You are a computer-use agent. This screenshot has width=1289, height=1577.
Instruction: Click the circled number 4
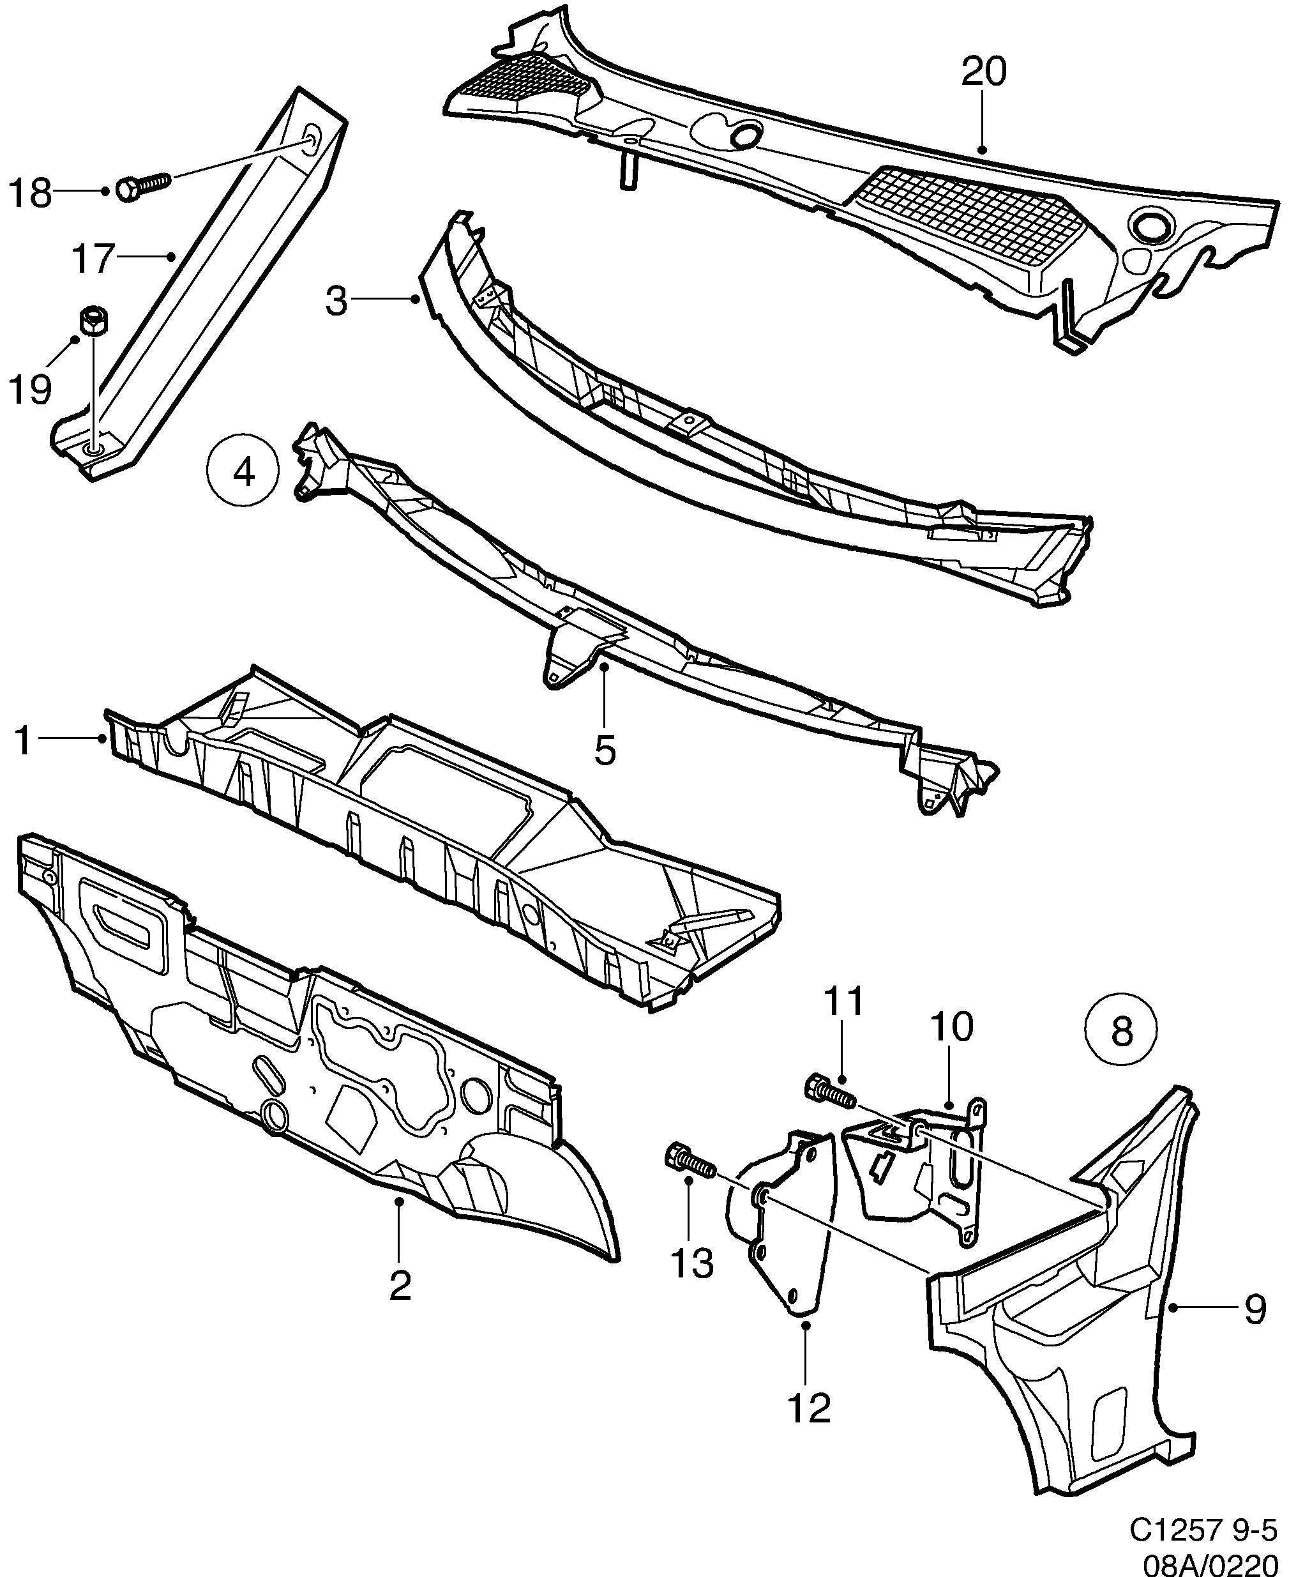point(243,471)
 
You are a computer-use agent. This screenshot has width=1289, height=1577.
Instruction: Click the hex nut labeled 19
point(93,323)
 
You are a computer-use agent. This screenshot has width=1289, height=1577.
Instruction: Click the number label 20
point(984,72)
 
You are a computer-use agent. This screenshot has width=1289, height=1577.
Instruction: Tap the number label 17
point(93,259)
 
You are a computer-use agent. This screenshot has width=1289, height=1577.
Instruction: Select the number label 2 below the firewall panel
point(400,1286)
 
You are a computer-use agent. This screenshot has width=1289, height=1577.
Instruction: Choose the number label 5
point(605,751)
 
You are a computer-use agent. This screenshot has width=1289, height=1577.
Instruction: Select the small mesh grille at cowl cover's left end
point(520,82)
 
